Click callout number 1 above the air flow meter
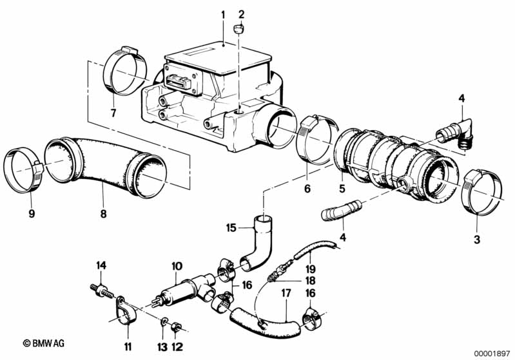pos(222,14)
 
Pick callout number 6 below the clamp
pos(307,189)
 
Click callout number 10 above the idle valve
pos(177,266)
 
